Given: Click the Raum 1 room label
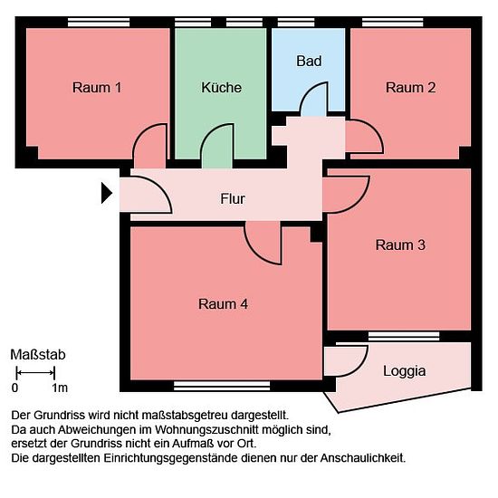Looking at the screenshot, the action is pos(97,88).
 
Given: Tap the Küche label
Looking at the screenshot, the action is pos(221,87).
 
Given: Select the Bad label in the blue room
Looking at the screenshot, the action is pos(309,61).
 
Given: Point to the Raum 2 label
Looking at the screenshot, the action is pos(410,88).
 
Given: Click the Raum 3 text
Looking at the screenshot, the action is pos(400,244).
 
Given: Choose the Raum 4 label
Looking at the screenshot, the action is pos(223,304).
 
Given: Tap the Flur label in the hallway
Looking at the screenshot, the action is pos(233,199).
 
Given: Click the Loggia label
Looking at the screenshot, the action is pos(405,371).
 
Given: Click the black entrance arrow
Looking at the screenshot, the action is pos(107,193).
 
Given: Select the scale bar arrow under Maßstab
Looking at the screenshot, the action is pos(35,372).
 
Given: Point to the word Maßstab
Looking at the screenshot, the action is pos(38,355).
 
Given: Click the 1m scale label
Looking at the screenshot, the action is pos(60,388).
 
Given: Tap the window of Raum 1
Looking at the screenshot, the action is pos(99,23).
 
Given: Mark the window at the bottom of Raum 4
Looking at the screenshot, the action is pos(222,386).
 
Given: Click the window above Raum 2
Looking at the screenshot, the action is pos(393,23).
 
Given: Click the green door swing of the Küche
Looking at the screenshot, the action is pos(217,146).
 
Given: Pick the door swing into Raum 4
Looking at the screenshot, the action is pos(263,243).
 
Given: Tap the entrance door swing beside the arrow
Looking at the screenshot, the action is pos(146,195).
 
